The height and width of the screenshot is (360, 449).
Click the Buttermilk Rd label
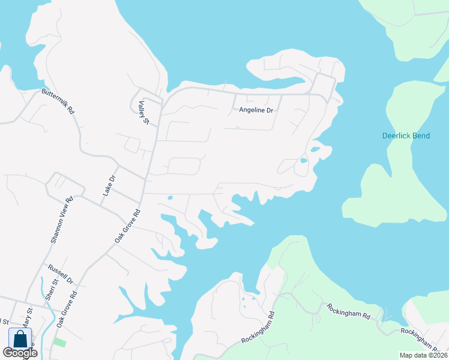(58, 101)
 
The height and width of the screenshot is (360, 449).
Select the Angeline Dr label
(256, 110)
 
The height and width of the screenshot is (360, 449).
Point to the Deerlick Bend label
(406, 136)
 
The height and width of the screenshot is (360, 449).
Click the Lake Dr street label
(107, 186)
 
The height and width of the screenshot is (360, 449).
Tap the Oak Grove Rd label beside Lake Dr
(127, 226)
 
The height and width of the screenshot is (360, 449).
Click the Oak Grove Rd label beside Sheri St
(68, 308)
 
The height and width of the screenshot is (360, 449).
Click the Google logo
(20, 353)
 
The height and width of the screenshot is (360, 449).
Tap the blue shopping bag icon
(20, 338)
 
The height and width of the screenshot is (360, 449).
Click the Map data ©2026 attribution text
(424, 355)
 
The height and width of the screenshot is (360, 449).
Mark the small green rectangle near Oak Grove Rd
(59, 341)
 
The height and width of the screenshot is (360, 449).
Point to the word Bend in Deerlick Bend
(420, 136)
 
